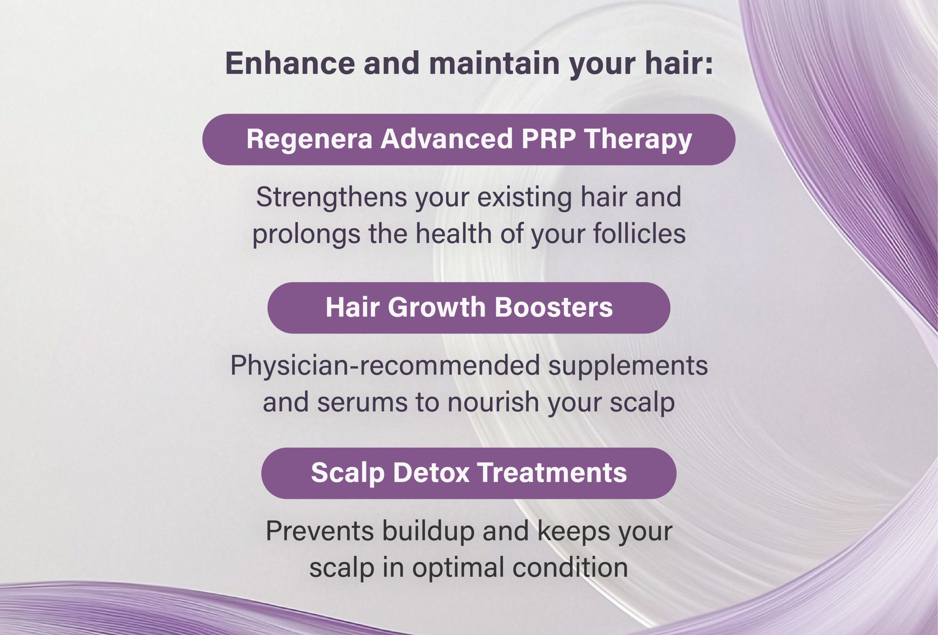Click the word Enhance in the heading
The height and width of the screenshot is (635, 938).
[x=290, y=63]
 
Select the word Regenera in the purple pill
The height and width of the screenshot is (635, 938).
[x=309, y=139]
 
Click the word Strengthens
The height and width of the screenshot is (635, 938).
[x=331, y=198]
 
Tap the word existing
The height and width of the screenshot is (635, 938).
[x=523, y=198]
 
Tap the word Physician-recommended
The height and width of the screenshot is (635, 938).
[x=385, y=365]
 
